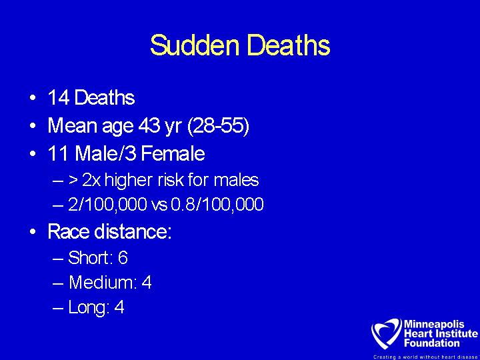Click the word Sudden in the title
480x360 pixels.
click(x=195, y=45)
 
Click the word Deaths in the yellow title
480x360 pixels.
click(x=289, y=45)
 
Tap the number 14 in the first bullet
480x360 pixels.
click(x=58, y=98)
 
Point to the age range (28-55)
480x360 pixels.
click(x=218, y=126)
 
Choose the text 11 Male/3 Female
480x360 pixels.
click(x=127, y=153)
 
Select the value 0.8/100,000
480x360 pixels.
click(x=217, y=205)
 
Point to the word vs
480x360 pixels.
click(x=159, y=205)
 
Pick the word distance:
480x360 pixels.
click(x=133, y=231)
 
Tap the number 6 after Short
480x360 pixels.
click(x=123, y=257)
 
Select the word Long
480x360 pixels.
click(x=89, y=307)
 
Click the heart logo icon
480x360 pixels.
click(x=386, y=334)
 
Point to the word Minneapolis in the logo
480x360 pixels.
click(x=434, y=325)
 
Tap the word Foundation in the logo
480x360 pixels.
click(x=431, y=343)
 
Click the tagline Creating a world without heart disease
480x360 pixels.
click(x=425, y=357)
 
